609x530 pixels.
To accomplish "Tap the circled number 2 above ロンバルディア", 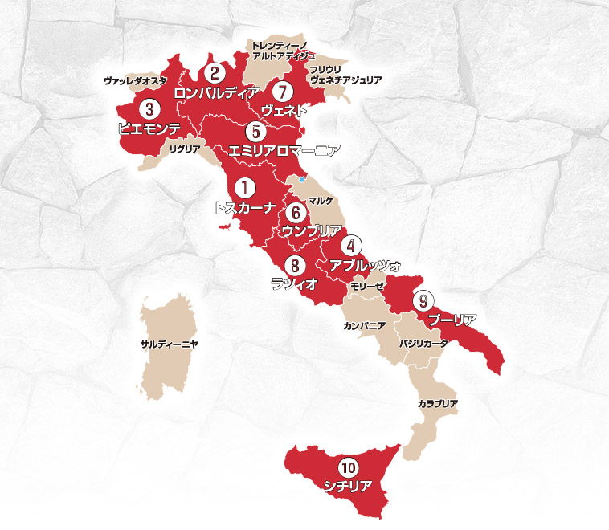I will pyautogui.click(x=214, y=72).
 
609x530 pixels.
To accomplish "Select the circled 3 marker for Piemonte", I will pyautogui.click(x=147, y=108).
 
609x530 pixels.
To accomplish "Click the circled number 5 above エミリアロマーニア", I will pyautogui.click(x=254, y=130).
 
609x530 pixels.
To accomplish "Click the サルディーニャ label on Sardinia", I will pyautogui.click(x=169, y=343).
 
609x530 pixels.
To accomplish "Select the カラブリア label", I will pyautogui.click(x=438, y=402).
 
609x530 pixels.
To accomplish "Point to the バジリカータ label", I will pyautogui.click(x=423, y=343).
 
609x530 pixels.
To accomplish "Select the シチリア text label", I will pyautogui.click(x=347, y=486).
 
